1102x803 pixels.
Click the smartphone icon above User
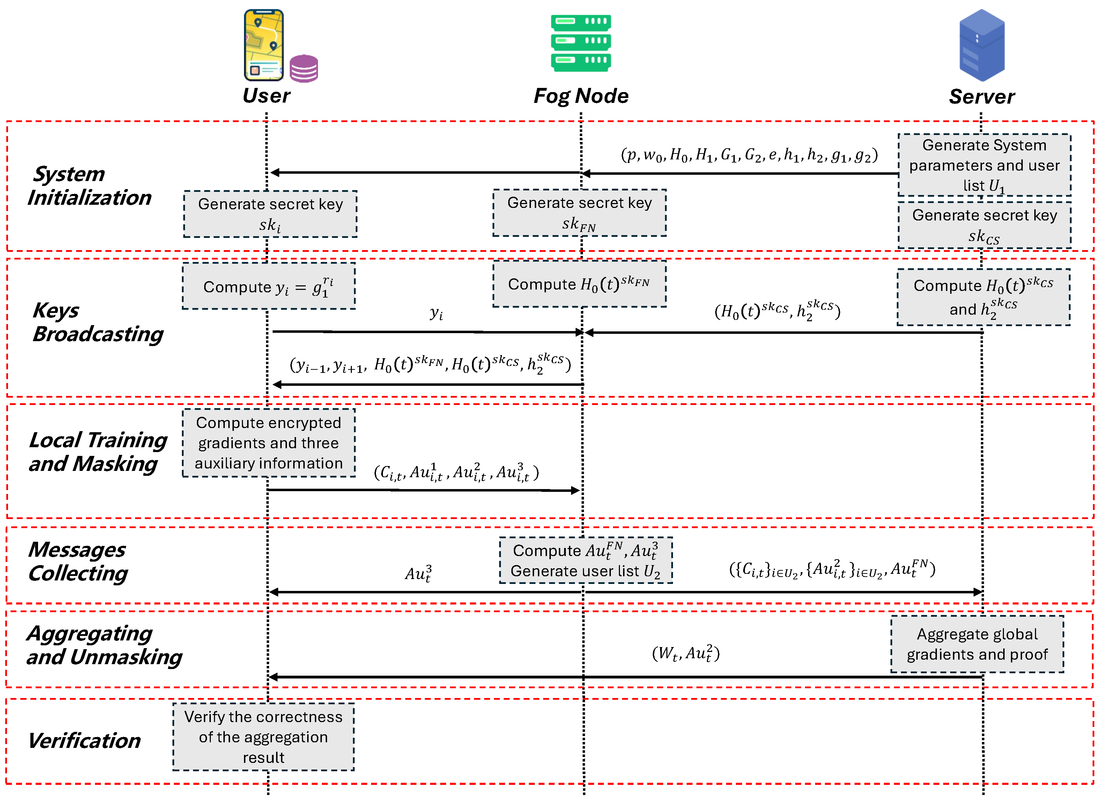264,45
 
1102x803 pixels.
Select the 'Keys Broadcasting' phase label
97,322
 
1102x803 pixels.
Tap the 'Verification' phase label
84,741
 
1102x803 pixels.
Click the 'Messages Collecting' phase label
78,561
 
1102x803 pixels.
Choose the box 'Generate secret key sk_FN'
579,213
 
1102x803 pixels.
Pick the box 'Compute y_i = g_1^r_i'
268,286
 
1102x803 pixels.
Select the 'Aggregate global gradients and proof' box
977,644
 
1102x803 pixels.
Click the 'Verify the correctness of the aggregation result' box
263,737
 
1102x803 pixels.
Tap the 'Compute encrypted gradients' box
268,443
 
